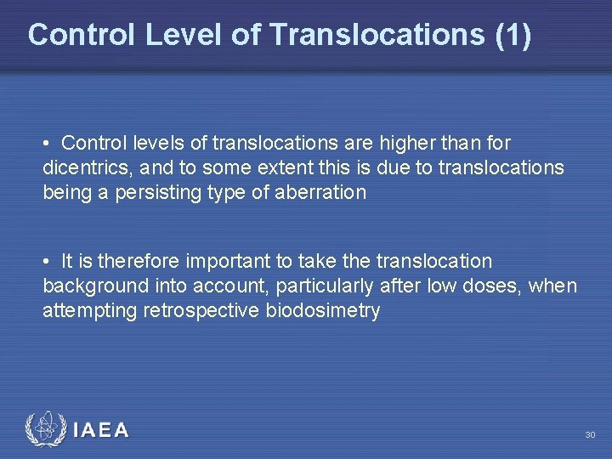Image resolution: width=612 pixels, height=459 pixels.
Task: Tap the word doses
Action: pos(492,286)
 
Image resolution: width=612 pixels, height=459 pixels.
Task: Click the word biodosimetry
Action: pos(324,310)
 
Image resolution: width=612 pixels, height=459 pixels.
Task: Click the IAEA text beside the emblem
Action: pos(101,431)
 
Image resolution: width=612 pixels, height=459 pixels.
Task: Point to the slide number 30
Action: pos(590,435)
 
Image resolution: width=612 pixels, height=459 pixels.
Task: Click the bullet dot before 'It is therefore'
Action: pos(52,261)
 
